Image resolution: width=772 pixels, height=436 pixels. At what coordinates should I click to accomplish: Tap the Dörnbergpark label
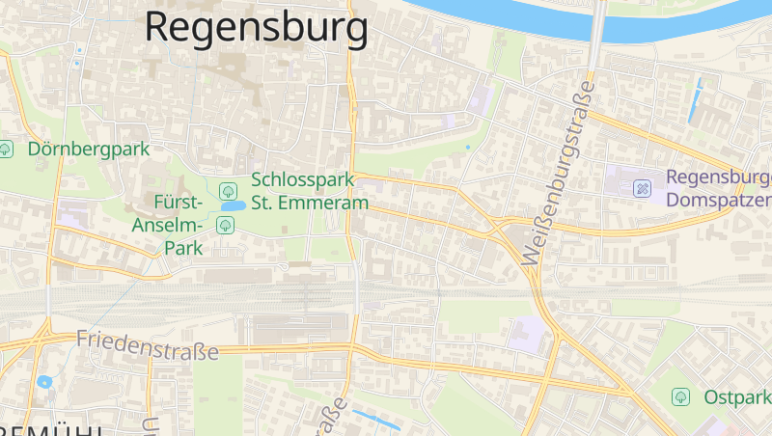89,149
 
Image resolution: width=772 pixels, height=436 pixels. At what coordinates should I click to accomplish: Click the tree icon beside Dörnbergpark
7,149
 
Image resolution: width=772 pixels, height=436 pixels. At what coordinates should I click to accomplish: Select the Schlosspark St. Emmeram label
310,191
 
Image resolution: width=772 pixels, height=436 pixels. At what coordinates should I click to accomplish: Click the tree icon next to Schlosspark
228,190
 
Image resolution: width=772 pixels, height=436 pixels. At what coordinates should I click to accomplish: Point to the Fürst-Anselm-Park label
179,225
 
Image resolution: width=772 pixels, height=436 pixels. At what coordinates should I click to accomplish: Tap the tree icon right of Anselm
225,226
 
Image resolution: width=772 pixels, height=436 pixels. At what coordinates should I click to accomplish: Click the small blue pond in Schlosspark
233,205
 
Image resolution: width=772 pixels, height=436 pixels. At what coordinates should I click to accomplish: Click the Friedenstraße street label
147,344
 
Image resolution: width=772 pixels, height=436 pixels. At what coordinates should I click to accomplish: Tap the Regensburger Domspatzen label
719,188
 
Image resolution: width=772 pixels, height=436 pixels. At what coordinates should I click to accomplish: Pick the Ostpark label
737,397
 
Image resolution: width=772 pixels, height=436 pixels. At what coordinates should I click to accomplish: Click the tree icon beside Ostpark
681,396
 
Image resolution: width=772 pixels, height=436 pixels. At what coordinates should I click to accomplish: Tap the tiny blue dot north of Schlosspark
468,147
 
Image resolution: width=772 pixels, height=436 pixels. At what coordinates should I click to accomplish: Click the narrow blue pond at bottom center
376,420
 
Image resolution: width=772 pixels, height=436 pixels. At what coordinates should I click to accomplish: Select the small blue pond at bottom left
44,382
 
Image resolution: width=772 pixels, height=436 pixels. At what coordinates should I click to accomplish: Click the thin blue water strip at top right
695,100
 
